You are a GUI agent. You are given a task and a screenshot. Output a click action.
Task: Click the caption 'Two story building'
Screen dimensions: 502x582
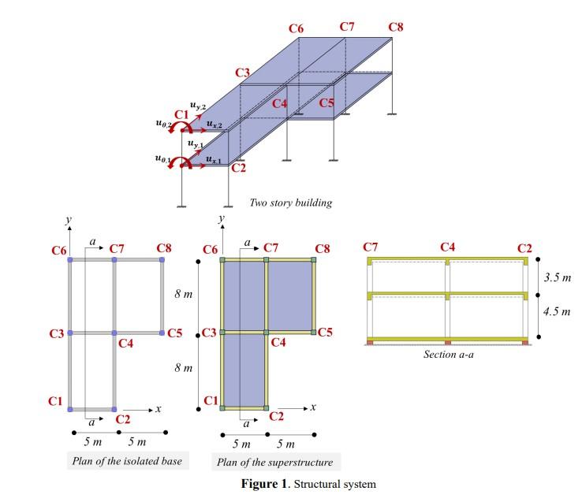pyautogui.click(x=290, y=203)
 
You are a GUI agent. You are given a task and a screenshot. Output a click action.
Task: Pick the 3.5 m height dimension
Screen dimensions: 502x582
pyautogui.click(x=557, y=277)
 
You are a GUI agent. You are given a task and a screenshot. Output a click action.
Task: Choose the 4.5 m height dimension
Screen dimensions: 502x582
pyautogui.click(x=557, y=312)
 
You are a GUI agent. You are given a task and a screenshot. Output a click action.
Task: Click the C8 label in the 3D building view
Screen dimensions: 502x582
pyautogui.click(x=396, y=28)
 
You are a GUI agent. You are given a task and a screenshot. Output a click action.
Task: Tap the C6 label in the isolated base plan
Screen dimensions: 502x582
pyautogui.click(x=59, y=251)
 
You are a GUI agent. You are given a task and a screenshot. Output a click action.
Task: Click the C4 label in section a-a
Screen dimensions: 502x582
pyautogui.click(x=448, y=248)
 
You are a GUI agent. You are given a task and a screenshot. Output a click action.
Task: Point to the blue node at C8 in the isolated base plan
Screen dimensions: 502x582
pyautogui.click(x=162, y=258)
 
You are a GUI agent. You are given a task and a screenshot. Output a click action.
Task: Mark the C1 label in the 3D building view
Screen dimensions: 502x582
pyautogui.click(x=181, y=115)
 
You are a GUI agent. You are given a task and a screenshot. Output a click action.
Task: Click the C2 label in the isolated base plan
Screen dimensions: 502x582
pyautogui.click(x=123, y=419)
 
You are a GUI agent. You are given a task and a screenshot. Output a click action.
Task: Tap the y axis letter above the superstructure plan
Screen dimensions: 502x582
pyautogui.click(x=222, y=217)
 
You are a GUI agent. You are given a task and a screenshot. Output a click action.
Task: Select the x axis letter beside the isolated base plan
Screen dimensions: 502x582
pyautogui.click(x=159, y=409)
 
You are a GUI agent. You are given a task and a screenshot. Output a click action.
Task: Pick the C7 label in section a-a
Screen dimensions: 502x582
pyautogui.click(x=371, y=248)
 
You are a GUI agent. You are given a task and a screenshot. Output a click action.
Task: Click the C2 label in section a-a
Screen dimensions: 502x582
pyautogui.click(x=524, y=248)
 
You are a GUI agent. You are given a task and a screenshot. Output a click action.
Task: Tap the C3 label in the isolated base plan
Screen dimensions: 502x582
pyautogui.click(x=56, y=334)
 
